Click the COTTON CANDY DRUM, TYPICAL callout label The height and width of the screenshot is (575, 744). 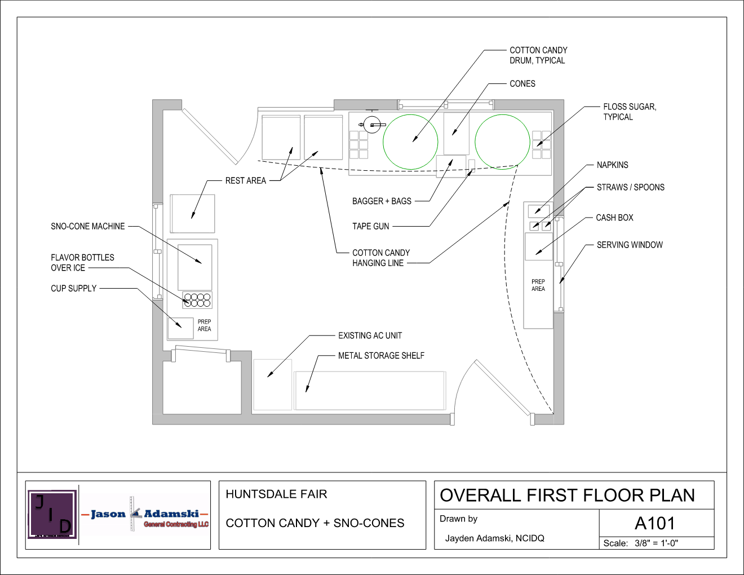(x=538, y=55)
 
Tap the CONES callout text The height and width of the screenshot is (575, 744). (x=522, y=83)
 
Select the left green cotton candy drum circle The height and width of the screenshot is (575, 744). (x=410, y=141)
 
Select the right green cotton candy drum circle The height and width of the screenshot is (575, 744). (x=502, y=141)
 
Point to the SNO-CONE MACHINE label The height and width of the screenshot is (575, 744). (x=87, y=226)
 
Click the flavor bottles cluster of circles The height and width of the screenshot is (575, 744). (x=197, y=300)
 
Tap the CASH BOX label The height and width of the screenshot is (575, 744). (x=614, y=218)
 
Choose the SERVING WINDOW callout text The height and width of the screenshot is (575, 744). (x=630, y=245)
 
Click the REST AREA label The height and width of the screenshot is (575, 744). (x=245, y=180)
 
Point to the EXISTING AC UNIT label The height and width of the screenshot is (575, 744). (x=370, y=335)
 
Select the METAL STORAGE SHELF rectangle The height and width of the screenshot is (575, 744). (x=370, y=390)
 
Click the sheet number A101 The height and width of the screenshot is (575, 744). (x=654, y=523)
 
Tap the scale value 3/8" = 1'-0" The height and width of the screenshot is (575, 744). (x=656, y=543)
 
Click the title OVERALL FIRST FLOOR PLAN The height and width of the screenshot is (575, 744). (x=567, y=495)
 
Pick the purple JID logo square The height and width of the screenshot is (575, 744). (x=52, y=514)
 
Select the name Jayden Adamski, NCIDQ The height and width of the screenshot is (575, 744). (x=494, y=538)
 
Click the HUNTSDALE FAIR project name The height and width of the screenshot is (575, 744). (x=276, y=494)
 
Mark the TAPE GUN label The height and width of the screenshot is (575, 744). (x=370, y=226)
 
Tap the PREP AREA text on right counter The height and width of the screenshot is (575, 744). (x=538, y=285)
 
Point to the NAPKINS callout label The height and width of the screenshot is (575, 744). (x=612, y=165)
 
